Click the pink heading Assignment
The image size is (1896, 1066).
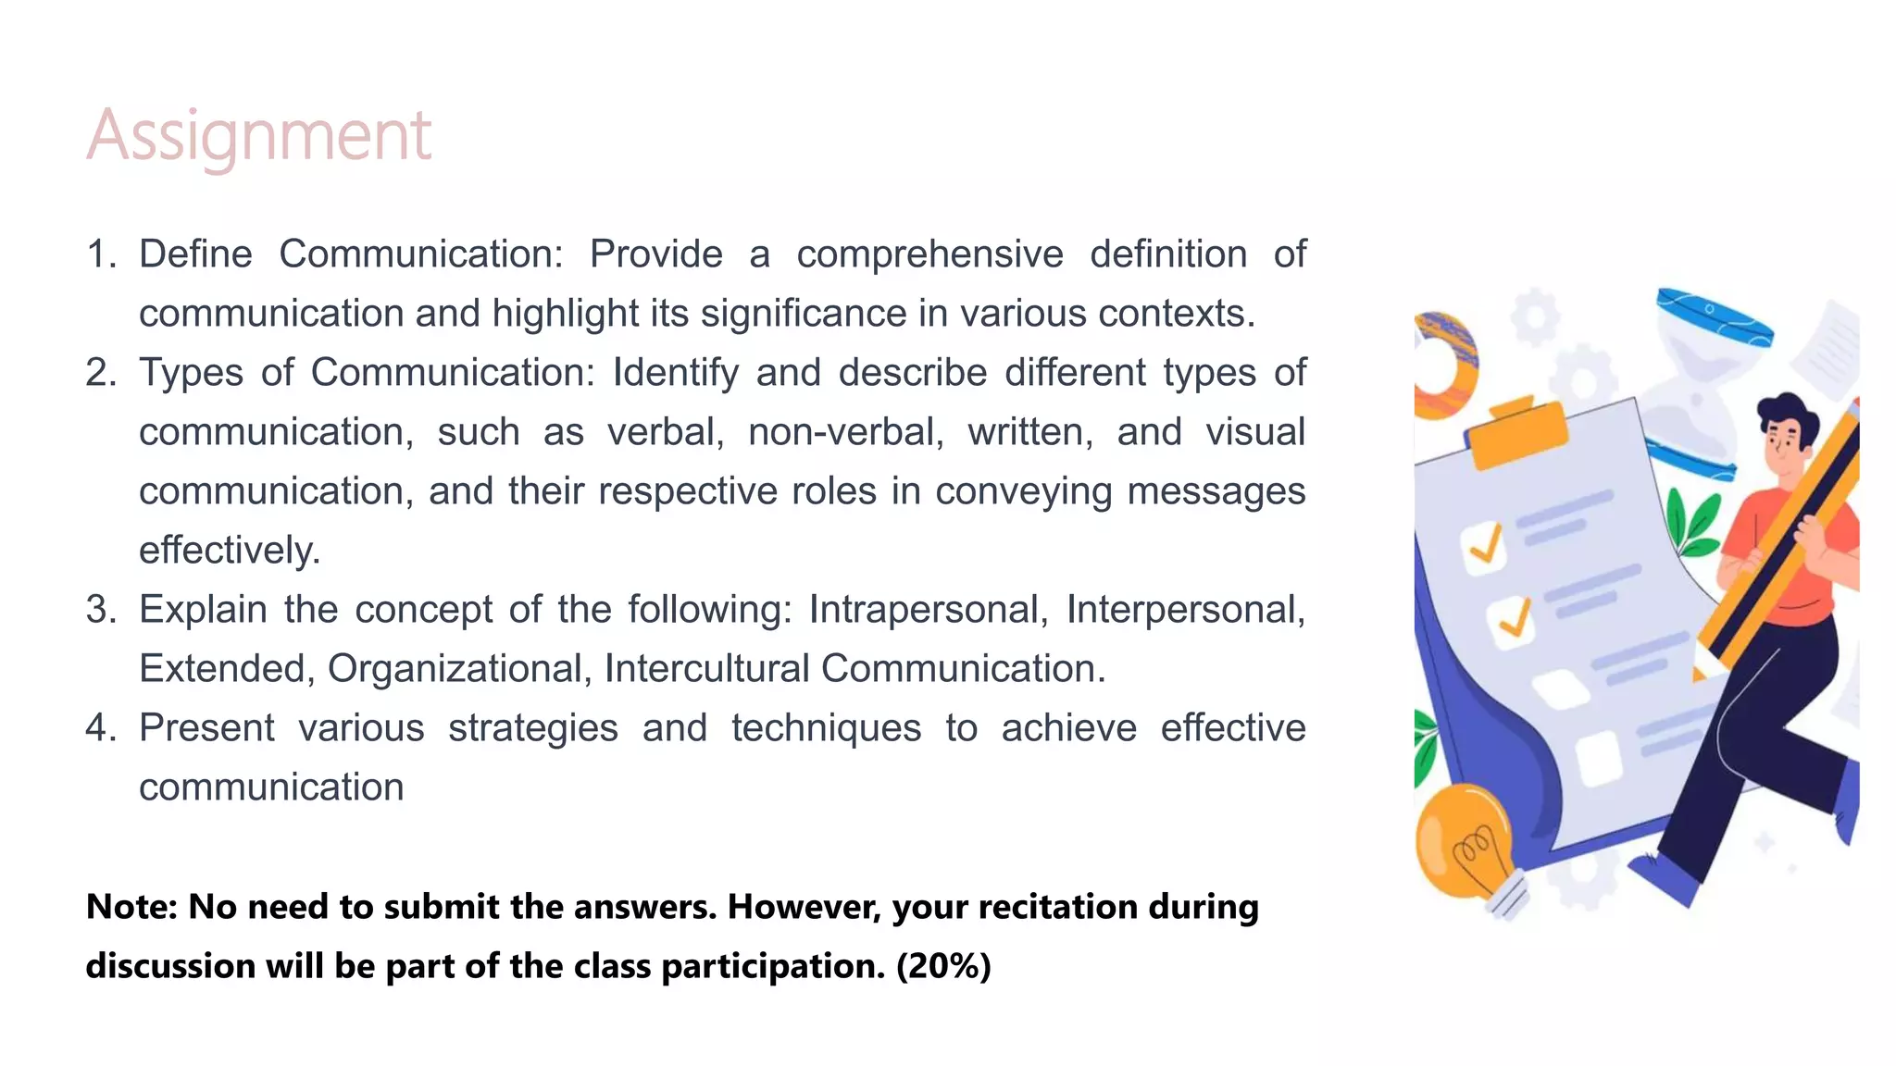click(258, 136)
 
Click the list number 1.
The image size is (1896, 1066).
click(100, 254)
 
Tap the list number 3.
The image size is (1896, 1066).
click(100, 610)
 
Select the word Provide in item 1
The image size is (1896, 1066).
click(655, 254)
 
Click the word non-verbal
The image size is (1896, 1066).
click(845, 432)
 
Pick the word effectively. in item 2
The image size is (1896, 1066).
click(230, 551)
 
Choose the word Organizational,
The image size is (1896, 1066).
click(459, 669)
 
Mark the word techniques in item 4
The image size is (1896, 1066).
click(826, 728)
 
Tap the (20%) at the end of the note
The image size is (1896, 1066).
click(943, 966)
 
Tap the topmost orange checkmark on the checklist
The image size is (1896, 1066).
click(1485, 545)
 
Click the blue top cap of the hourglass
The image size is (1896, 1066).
click(1714, 315)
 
